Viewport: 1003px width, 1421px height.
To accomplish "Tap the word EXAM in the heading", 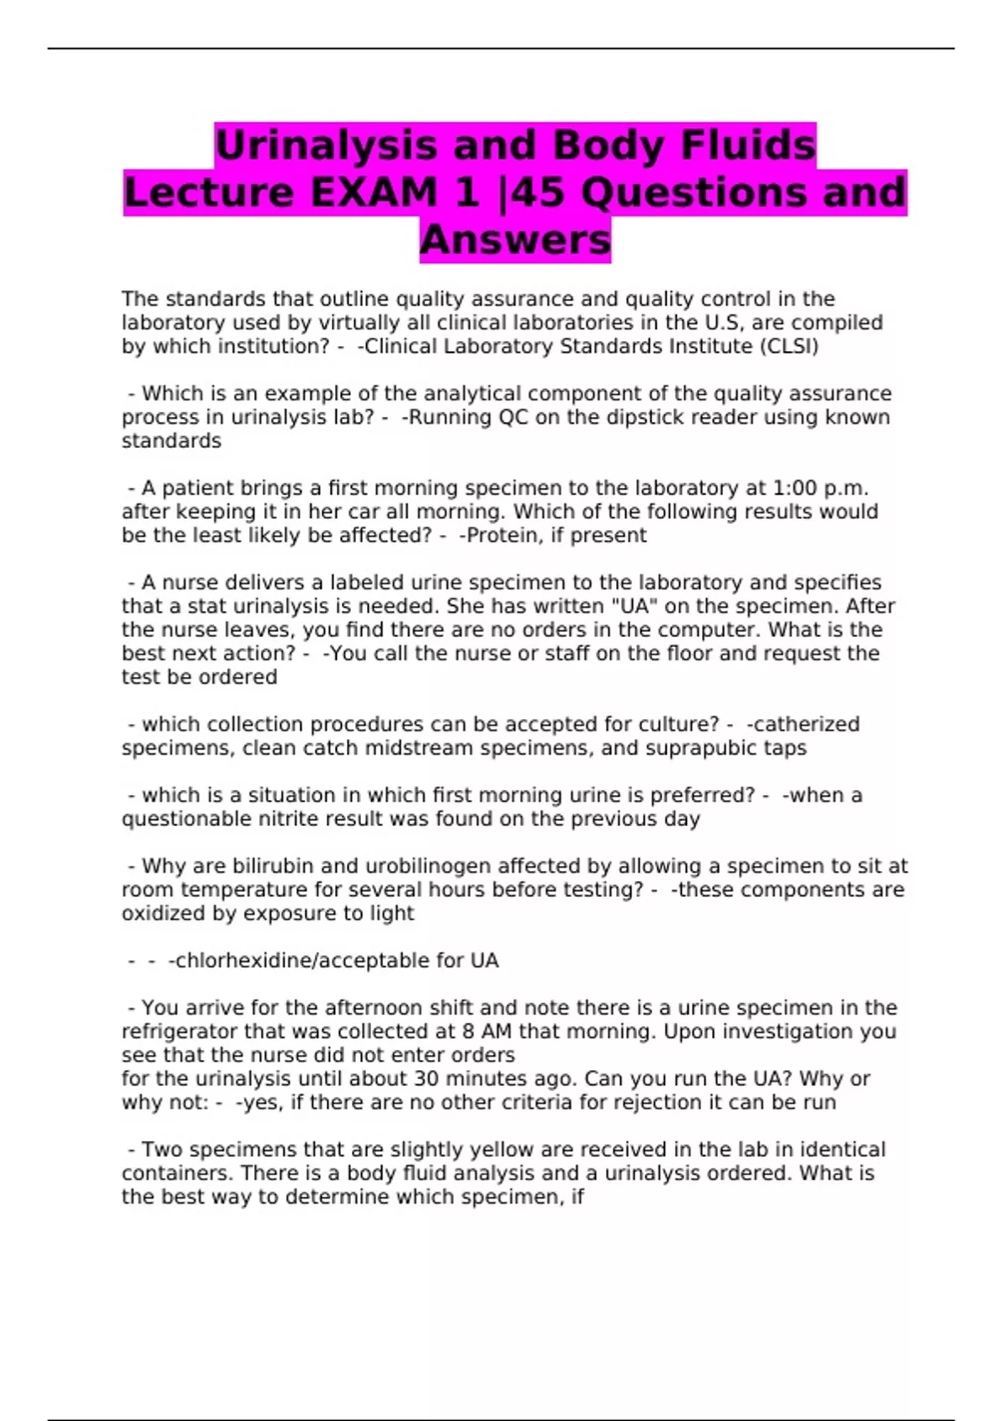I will click(x=374, y=193).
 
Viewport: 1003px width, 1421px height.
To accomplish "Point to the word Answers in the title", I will click(x=515, y=241).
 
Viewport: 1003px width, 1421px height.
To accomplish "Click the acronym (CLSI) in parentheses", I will click(x=788, y=346).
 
